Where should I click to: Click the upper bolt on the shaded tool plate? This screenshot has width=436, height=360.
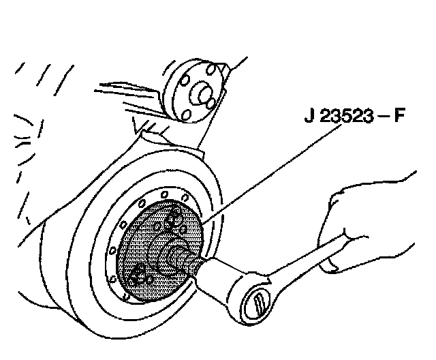pyautogui.click(x=173, y=217)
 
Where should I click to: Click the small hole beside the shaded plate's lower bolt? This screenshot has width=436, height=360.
pyautogui.click(x=151, y=280)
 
